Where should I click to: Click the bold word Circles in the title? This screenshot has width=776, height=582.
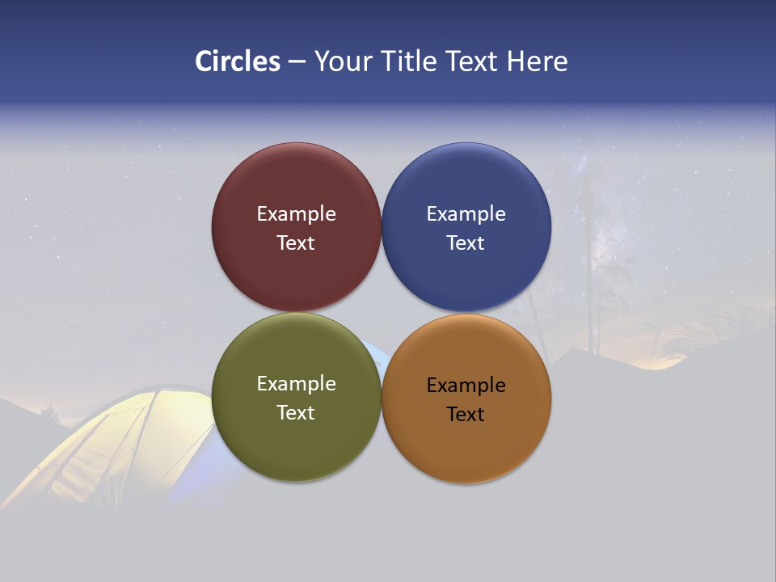tap(237, 61)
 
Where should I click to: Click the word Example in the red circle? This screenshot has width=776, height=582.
tap(296, 214)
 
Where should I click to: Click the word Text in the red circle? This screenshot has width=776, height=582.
tap(296, 243)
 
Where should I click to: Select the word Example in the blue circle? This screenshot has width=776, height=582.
tap(466, 214)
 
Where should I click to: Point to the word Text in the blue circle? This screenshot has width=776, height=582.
tap(466, 243)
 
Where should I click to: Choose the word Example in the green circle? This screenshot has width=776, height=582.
tap(296, 384)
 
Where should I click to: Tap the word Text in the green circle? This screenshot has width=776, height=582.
tap(296, 413)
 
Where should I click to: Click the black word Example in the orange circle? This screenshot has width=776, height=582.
tap(466, 386)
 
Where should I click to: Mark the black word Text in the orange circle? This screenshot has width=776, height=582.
tap(466, 415)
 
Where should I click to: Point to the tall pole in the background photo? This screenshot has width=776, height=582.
tap(588, 267)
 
